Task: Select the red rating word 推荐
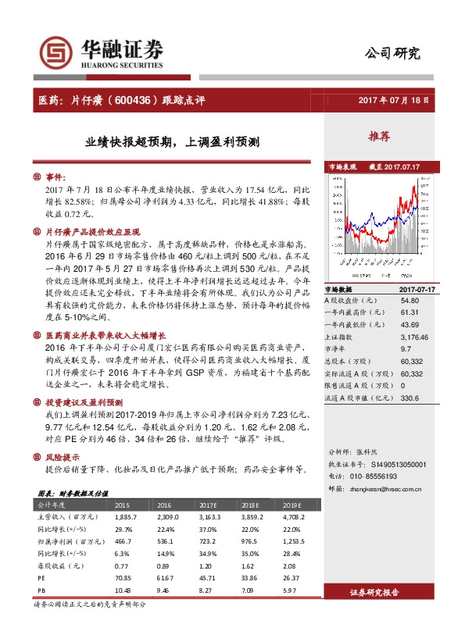click(379, 137)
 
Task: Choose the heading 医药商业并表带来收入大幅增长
click(106, 334)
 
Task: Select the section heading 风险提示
click(63, 458)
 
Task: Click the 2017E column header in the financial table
click(208, 505)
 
